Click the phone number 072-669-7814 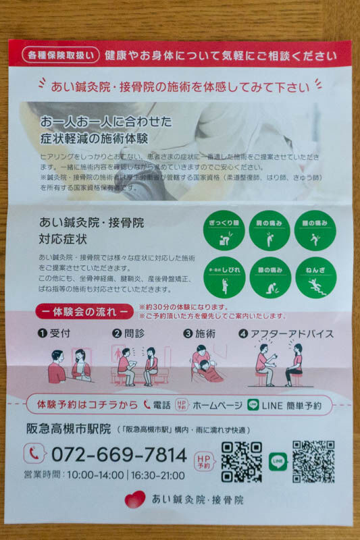[118, 454]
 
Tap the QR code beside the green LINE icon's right [313, 462]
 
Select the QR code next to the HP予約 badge [241, 462]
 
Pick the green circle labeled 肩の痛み [269, 230]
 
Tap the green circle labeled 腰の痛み [315, 230]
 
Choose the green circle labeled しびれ [224, 277]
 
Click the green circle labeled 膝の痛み [269, 277]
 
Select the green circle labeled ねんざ [315, 277]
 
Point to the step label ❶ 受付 [54, 333]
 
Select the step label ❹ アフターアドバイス [286, 333]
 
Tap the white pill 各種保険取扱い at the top [60, 55]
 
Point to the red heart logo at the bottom [134, 500]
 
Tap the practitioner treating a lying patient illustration [207, 367]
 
